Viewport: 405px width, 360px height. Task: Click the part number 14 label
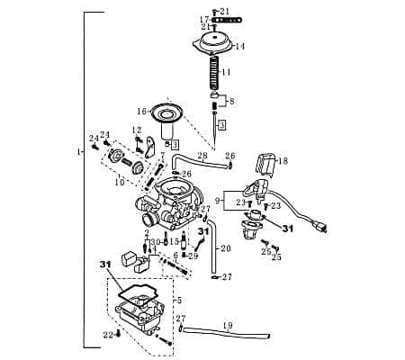point(240,46)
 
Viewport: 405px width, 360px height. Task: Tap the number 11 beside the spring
point(227,72)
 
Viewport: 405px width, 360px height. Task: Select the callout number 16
point(141,112)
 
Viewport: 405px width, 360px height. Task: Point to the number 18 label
point(283,161)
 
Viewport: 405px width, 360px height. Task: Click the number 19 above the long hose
point(228,325)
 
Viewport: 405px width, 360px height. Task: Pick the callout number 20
point(226,248)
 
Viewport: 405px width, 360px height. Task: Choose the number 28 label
point(202,156)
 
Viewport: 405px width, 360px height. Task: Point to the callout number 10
point(119,182)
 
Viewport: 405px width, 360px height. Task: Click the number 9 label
point(218,199)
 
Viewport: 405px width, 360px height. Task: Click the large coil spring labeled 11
point(212,73)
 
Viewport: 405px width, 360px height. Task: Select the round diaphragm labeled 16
point(167,114)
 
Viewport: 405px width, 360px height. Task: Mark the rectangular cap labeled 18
point(266,165)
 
